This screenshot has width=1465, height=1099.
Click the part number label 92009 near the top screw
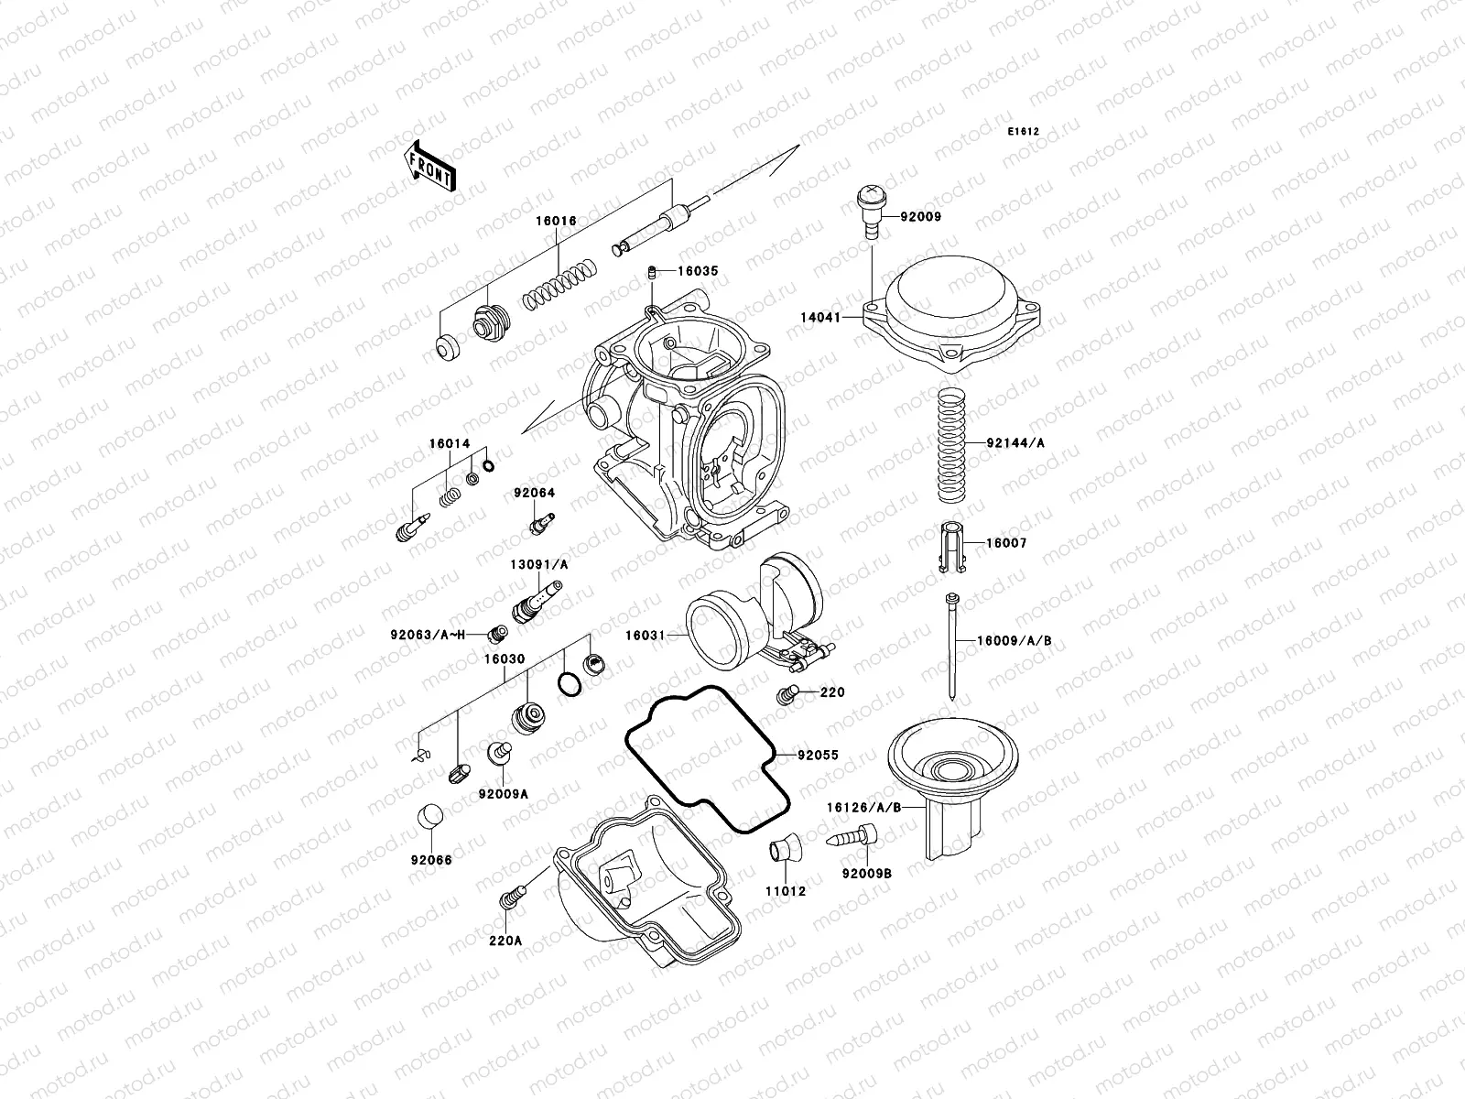pyautogui.click(x=920, y=217)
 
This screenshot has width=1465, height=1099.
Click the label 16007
pyautogui.click(x=1005, y=543)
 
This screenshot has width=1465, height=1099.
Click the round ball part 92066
pyautogui.click(x=429, y=815)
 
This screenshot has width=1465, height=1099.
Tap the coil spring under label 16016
pyautogui.click(x=559, y=285)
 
